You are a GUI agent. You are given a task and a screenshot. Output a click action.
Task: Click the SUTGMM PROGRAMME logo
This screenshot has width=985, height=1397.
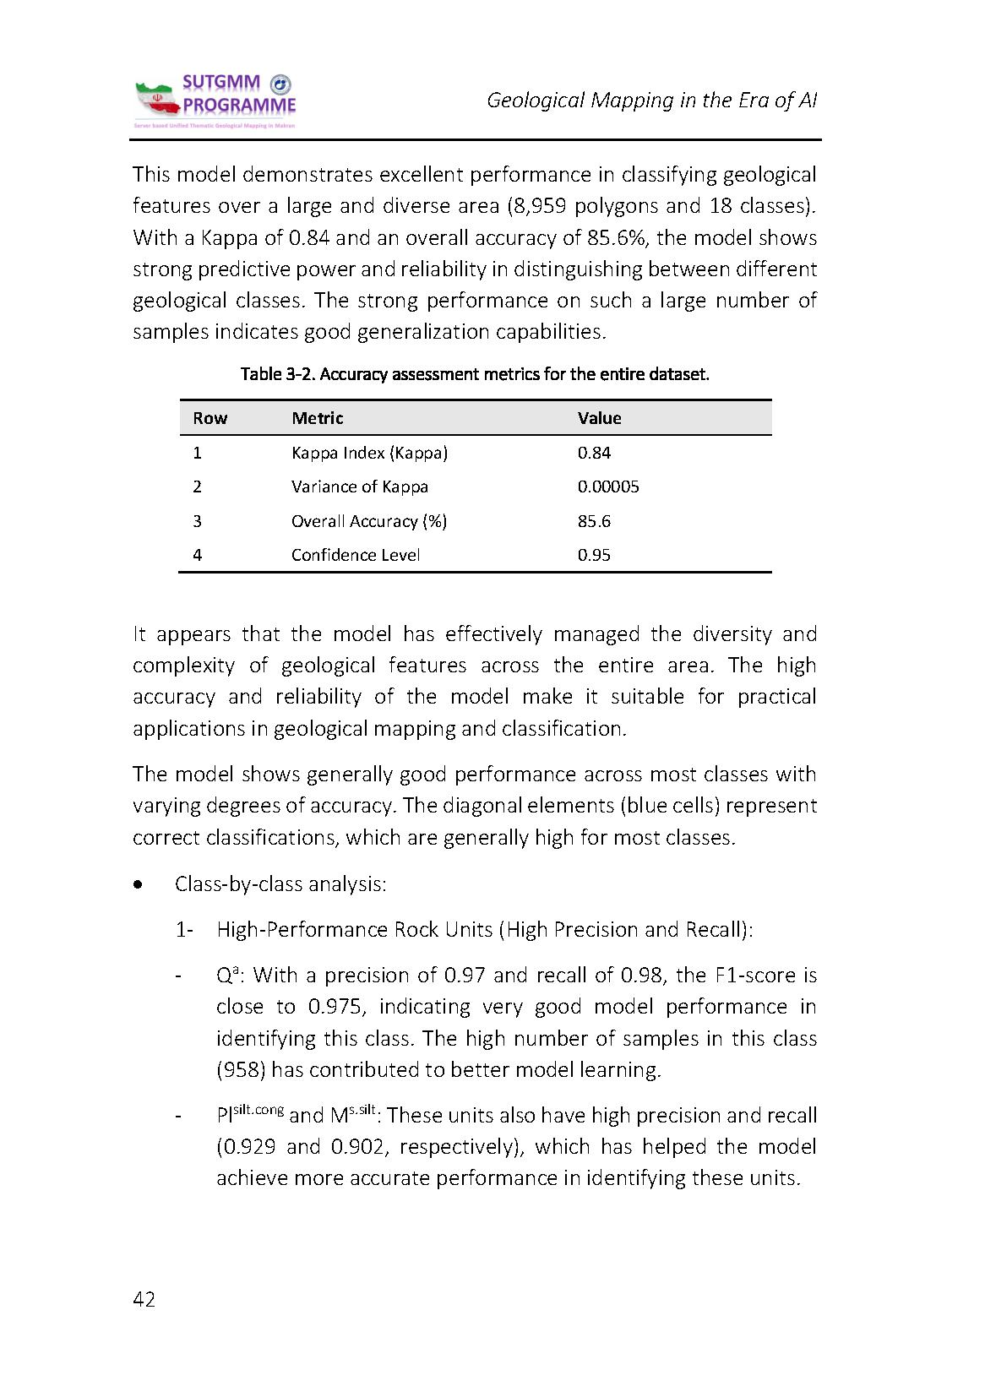[x=215, y=101]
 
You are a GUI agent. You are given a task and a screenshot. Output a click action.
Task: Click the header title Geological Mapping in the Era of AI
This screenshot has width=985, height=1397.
[x=651, y=101]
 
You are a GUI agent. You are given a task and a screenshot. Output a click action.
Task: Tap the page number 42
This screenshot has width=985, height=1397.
[x=144, y=1299]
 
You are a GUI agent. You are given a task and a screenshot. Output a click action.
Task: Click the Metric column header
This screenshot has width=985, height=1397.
[x=318, y=418]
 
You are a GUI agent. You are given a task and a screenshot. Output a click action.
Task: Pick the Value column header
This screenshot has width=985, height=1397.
[x=599, y=418]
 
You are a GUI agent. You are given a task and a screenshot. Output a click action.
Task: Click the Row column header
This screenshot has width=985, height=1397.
[x=210, y=418]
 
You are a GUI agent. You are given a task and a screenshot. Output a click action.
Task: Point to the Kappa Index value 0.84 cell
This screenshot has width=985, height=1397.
[x=594, y=453]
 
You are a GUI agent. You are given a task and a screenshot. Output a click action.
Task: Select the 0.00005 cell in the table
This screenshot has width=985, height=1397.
[x=608, y=487]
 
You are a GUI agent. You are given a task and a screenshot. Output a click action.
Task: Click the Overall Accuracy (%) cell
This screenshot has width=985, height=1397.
[x=369, y=521]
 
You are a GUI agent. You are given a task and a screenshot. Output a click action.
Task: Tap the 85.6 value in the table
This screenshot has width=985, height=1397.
[x=594, y=521]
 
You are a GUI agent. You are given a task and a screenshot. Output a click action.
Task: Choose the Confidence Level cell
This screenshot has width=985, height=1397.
[x=356, y=555]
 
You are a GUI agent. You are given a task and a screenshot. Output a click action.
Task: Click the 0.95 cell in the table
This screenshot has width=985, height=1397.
[x=594, y=555]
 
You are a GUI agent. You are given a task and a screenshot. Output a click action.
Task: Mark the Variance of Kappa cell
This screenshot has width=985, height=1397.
[x=360, y=487]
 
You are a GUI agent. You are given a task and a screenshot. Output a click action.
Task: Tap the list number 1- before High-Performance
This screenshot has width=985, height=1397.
[x=184, y=930]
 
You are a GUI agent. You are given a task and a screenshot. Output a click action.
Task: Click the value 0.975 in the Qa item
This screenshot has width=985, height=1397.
[x=330, y=1007]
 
